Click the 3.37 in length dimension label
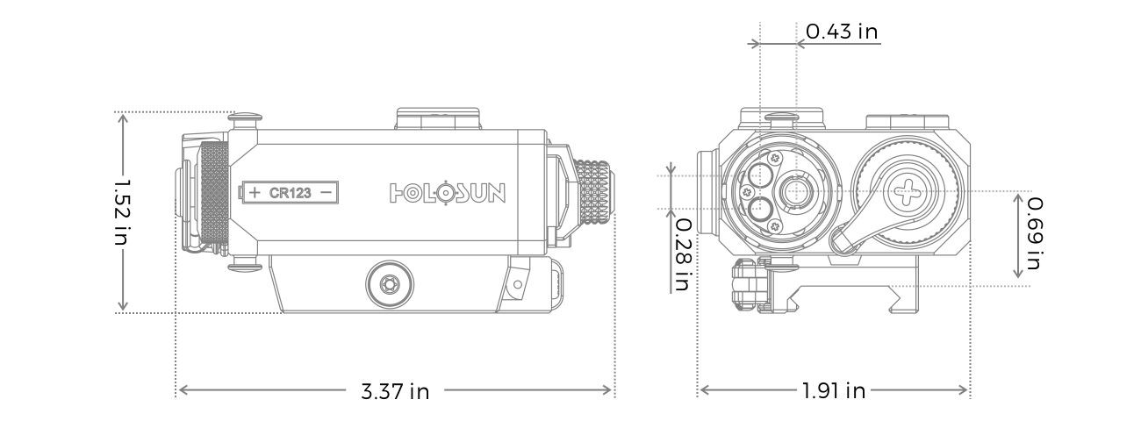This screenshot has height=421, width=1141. pos(395,391)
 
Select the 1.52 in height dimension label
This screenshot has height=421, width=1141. pos(123,212)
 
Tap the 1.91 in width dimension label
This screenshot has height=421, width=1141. pos(833,391)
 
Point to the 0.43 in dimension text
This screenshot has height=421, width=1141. pos(842,32)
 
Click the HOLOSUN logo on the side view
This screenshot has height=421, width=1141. pos(447,192)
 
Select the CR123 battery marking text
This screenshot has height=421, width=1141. pos(290,192)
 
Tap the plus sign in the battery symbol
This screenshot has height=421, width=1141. pos(255,192)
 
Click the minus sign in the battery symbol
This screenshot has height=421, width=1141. pos(326,192)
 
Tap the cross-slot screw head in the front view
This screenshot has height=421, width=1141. pos(903,190)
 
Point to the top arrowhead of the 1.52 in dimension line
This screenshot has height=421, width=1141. pos(124,118)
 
